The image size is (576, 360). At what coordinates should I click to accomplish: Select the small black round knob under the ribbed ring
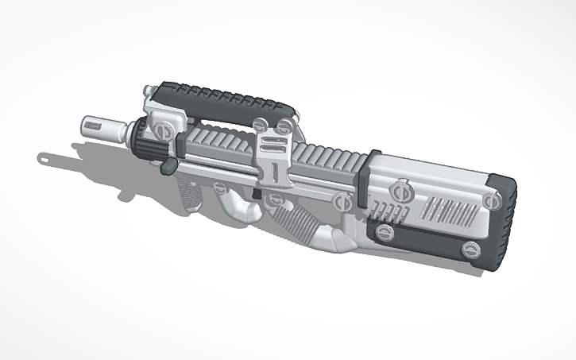pos(168,167)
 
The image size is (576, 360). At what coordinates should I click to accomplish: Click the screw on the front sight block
pos(164,127)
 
